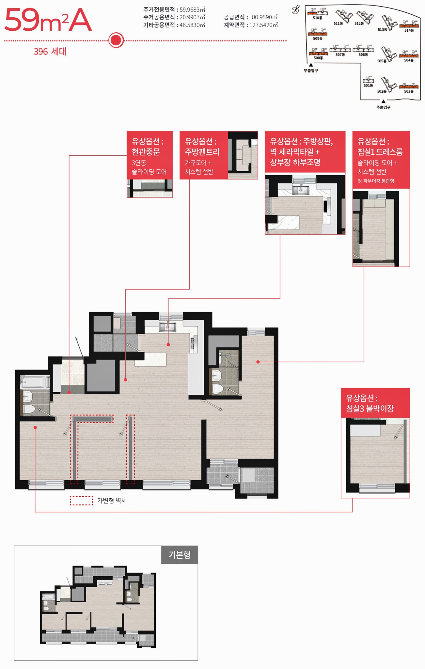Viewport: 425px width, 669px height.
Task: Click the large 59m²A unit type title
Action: (48, 20)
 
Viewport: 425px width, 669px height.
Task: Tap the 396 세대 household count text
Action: (50, 52)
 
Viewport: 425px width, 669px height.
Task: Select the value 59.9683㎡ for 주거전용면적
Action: (192, 10)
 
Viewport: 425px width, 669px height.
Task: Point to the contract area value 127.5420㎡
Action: (264, 25)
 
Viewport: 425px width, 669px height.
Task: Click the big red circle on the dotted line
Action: (116, 40)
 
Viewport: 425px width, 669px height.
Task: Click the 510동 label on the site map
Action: (317, 18)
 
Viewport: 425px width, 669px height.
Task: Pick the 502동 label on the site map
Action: (382, 91)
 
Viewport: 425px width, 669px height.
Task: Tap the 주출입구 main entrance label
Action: (383, 107)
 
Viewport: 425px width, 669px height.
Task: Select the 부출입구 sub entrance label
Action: (311, 70)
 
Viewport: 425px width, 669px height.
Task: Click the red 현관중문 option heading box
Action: (150, 155)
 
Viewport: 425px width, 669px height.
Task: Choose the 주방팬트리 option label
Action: (202, 152)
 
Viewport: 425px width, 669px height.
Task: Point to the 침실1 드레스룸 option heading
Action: (380, 152)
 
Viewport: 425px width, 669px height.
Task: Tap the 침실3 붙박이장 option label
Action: (370, 408)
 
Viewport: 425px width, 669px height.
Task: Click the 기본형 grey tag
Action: (180, 555)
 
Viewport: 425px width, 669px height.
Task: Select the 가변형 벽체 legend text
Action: (112, 500)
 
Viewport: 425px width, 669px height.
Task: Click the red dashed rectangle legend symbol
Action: (81, 501)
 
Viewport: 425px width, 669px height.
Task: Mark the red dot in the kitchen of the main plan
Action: (168, 344)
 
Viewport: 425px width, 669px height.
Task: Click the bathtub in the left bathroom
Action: (35, 382)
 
